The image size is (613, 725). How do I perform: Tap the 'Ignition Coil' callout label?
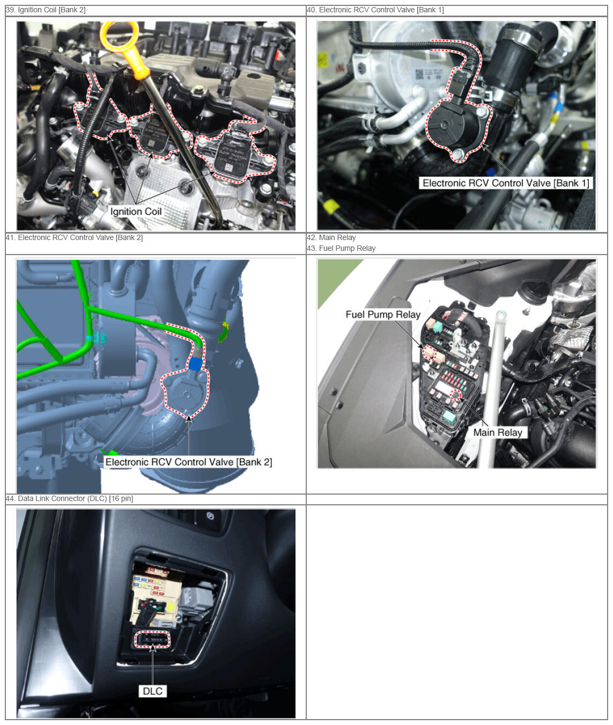point(136,212)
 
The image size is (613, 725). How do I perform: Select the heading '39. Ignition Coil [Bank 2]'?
point(46,10)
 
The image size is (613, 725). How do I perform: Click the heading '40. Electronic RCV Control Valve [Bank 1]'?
point(375,10)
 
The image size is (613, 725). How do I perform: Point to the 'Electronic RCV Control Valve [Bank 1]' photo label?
point(506,183)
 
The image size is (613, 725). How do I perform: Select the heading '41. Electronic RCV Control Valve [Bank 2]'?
point(74,237)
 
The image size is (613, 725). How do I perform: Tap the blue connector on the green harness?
point(195,364)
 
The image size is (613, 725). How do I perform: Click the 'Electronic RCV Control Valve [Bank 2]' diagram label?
point(189,462)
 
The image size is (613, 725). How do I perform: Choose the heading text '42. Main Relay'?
point(331,237)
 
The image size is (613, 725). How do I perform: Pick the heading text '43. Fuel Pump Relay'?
point(341,248)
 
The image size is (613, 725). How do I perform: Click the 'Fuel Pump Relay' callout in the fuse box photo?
point(383,314)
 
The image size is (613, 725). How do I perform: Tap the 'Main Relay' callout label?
point(498,432)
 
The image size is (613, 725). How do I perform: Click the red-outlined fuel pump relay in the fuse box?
point(429,352)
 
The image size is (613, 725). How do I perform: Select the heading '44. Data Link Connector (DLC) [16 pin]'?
point(69,498)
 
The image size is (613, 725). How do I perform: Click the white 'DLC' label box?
point(153,691)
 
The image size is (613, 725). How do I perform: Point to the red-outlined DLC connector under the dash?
point(152,640)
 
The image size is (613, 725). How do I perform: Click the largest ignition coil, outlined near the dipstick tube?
point(235,151)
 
